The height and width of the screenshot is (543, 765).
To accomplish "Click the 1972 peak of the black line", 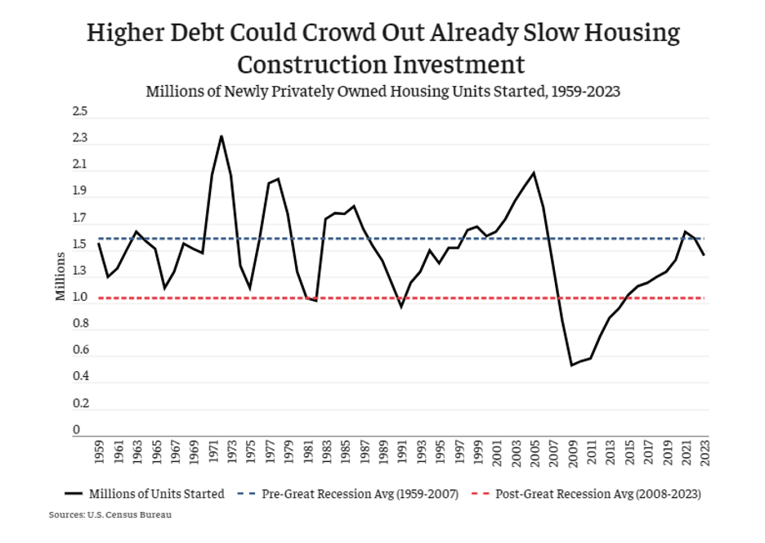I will [x=221, y=136].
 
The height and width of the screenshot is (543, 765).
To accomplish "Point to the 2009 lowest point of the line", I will [x=572, y=365].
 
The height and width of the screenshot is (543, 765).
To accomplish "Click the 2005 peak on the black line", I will [x=534, y=173].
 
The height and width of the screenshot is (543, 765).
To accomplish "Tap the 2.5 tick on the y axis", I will [x=80, y=111].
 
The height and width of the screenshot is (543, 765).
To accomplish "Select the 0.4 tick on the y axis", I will [x=80, y=377].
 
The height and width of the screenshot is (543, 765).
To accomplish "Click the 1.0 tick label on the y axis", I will [x=80, y=298].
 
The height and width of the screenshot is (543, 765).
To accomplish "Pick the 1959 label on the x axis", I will [x=99, y=452].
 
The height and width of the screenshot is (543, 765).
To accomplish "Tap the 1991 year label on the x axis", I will [x=401, y=452].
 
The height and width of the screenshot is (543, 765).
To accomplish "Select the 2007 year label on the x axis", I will [x=553, y=452].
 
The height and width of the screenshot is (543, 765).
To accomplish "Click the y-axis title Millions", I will [x=60, y=276].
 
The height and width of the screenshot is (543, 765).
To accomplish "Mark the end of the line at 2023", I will [x=705, y=255].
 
